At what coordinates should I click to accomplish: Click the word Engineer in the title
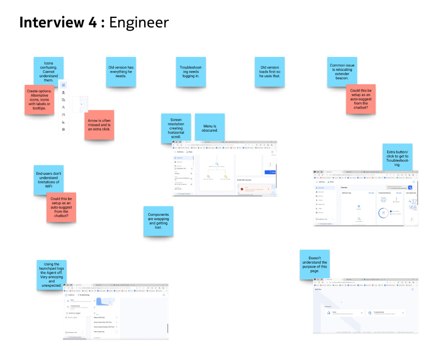click(x=139, y=22)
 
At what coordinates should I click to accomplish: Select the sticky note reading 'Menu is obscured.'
click(x=210, y=128)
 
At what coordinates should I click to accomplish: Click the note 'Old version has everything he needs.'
click(x=121, y=72)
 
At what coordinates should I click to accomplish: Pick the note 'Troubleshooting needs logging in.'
click(x=191, y=72)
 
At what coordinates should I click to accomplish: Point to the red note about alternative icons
click(x=39, y=100)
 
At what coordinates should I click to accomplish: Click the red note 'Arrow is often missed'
click(x=99, y=125)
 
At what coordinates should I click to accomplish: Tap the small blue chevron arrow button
click(x=82, y=104)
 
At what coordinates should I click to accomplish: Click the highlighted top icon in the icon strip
click(x=63, y=85)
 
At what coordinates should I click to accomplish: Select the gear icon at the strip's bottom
click(x=63, y=129)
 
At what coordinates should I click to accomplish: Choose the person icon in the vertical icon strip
click(x=63, y=107)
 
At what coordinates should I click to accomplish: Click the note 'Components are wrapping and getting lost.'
click(x=158, y=221)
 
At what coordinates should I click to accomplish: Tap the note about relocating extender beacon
click(x=342, y=72)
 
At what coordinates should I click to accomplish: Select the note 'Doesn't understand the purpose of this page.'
click(x=315, y=264)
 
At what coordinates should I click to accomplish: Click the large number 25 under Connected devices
click(x=383, y=200)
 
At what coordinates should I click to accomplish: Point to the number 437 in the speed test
click(x=413, y=201)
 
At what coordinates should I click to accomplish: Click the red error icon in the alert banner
click(x=241, y=189)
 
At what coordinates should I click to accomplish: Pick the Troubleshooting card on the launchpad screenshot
click(x=386, y=313)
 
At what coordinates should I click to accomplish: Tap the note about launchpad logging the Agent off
click(x=51, y=275)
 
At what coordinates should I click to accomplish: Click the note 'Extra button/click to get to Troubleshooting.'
click(x=397, y=158)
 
